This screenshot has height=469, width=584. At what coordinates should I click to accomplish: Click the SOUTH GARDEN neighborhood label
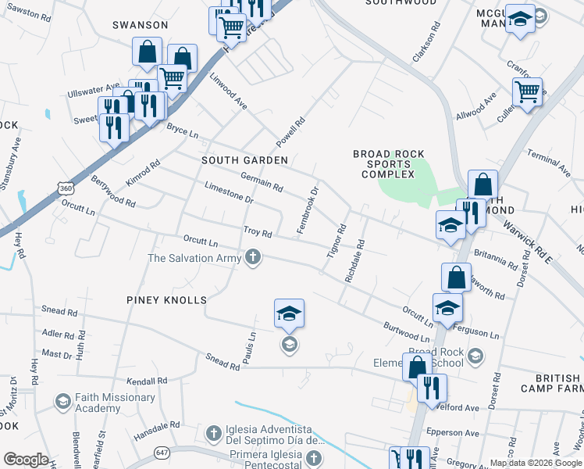[x=244, y=159]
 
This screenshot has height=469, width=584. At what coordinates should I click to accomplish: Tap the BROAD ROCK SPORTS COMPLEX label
[x=388, y=164]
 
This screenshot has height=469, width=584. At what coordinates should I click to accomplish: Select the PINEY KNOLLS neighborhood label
[x=166, y=300]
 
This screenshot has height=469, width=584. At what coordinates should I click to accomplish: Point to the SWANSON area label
[x=141, y=25]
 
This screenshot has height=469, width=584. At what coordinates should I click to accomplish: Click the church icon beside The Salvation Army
[x=252, y=257]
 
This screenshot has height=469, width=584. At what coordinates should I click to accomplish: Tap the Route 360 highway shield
[x=65, y=188]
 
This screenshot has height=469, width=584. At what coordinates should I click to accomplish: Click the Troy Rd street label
[x=257, y=232]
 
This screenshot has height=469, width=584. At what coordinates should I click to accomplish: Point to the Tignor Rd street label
[x=336, y=243]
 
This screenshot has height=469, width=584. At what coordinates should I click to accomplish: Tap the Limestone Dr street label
[x=229, y=193]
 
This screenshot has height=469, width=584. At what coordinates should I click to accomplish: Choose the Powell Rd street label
[x=288, y=133]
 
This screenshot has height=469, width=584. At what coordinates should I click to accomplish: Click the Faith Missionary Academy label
[x=105, y=403]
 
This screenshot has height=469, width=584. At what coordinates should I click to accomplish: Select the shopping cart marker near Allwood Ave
[x=528, y=92]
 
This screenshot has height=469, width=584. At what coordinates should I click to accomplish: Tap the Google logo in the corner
[x=26, y=460]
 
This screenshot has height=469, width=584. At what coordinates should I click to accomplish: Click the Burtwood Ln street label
[x=406, y=331]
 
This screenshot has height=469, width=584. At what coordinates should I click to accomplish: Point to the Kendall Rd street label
[x=151, y=381]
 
